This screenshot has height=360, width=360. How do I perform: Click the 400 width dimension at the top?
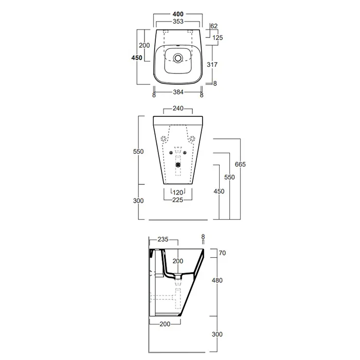[178, 14]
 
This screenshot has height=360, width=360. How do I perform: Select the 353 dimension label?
[178, 22]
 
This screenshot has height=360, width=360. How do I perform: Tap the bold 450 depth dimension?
[137, 58]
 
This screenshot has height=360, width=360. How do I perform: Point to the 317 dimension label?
[212, 64]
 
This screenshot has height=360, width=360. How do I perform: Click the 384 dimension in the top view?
[178, 92]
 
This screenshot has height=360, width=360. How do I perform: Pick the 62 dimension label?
[214, 26]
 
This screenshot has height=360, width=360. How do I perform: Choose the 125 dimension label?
[218, 38]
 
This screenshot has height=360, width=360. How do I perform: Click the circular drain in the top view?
[178, 58]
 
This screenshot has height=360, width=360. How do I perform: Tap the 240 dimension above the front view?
[178, 108]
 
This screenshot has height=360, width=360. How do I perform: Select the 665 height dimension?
[240, 164]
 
